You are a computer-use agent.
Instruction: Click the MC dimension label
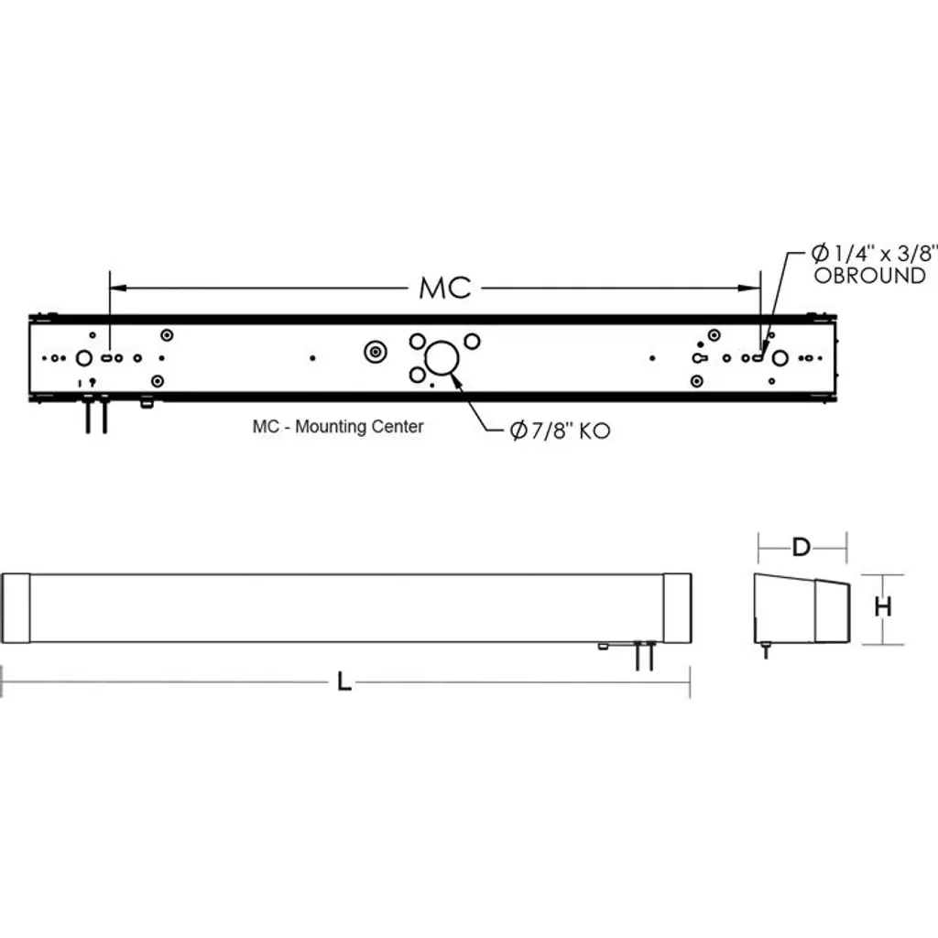(445, 288)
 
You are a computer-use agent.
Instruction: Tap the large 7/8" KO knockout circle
(442, 358)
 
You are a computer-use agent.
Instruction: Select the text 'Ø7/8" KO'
(560, 431)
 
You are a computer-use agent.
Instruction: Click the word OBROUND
(870, 276)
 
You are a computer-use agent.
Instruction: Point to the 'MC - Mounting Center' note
(338, 427)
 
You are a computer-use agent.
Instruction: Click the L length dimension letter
(344, 682)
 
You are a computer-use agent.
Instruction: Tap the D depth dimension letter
(801, 547)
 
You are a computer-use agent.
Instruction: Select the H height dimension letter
(883, 606)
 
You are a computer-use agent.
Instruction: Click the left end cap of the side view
(16, 608)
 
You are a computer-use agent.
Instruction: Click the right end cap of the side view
(677, 608)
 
